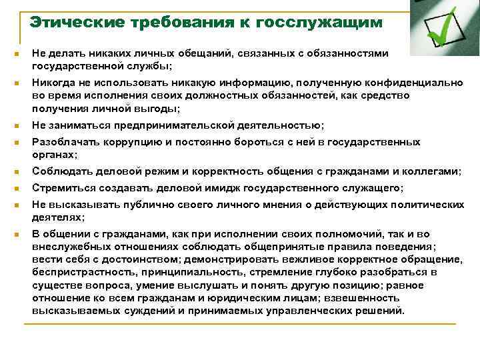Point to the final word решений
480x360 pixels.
[378, 311]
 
